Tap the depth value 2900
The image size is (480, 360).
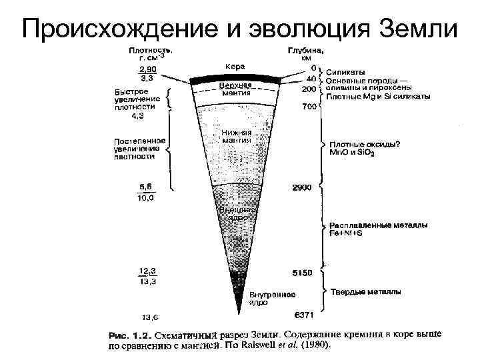pyautogui.click(x=303, y=188)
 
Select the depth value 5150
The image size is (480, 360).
pyautogui.click(x=303, y=272)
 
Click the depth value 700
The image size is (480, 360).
pyautogui.click(x=309, y=107)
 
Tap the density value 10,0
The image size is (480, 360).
pyautogui.click(x=146, y=197)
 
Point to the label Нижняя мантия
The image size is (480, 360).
pyautogui.click(x=236, y=136)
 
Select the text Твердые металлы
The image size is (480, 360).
pyautogui.click(x=365, y=291)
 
